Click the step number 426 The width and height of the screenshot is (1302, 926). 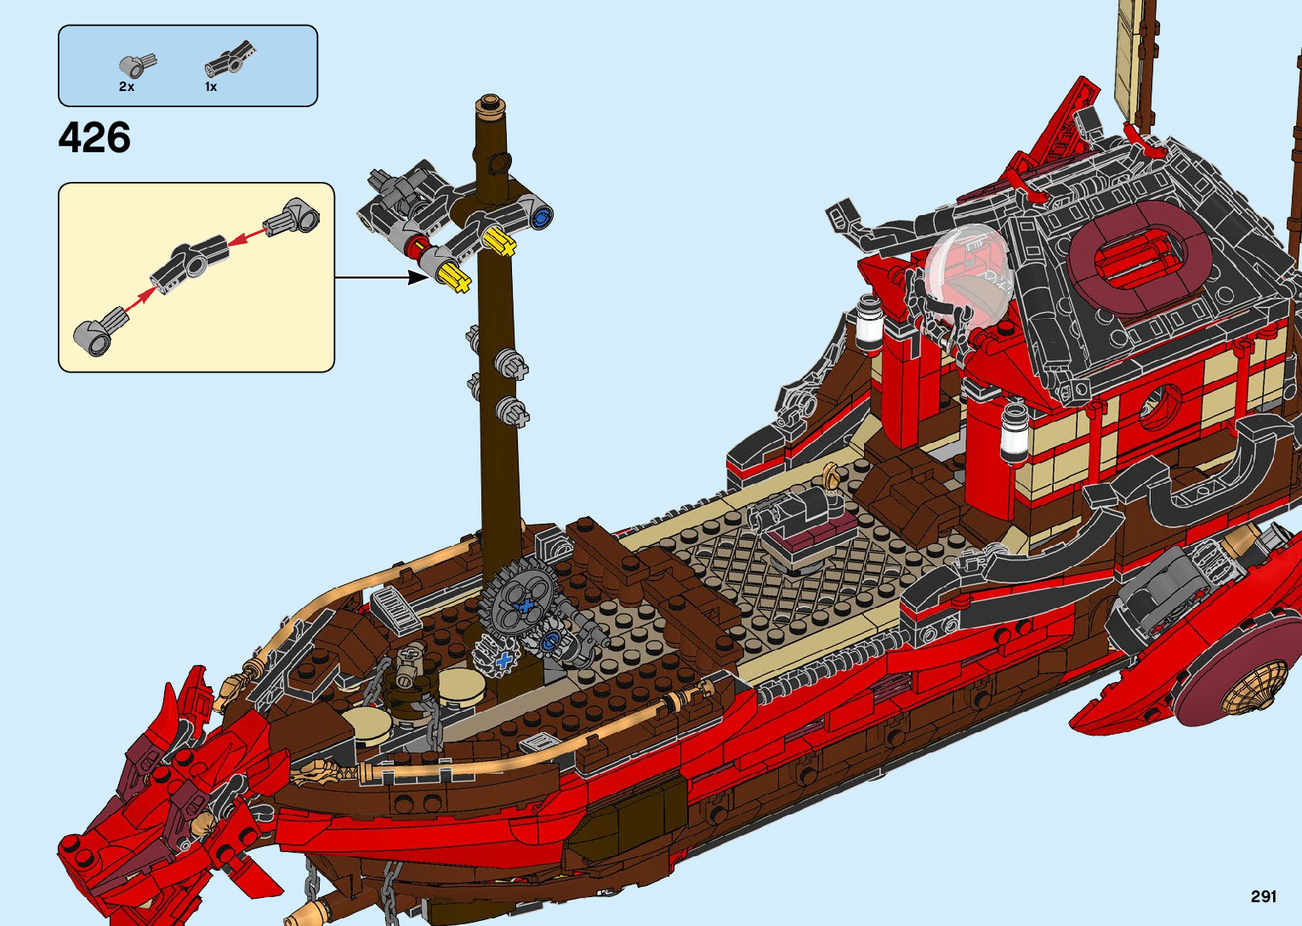[x=94, y=138]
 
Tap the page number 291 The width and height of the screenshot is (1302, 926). [x=1263, y=896]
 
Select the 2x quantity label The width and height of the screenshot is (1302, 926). [x=127, y=87]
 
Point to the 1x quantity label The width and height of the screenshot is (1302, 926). [x=211, y=87]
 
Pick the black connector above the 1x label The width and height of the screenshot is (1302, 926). [x=229, y=59]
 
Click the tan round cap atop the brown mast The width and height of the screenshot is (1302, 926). [x=489, y=105]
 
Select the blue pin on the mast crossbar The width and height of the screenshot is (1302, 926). [x=542, y=216]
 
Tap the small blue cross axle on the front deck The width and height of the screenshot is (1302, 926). [x=504, y=661]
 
